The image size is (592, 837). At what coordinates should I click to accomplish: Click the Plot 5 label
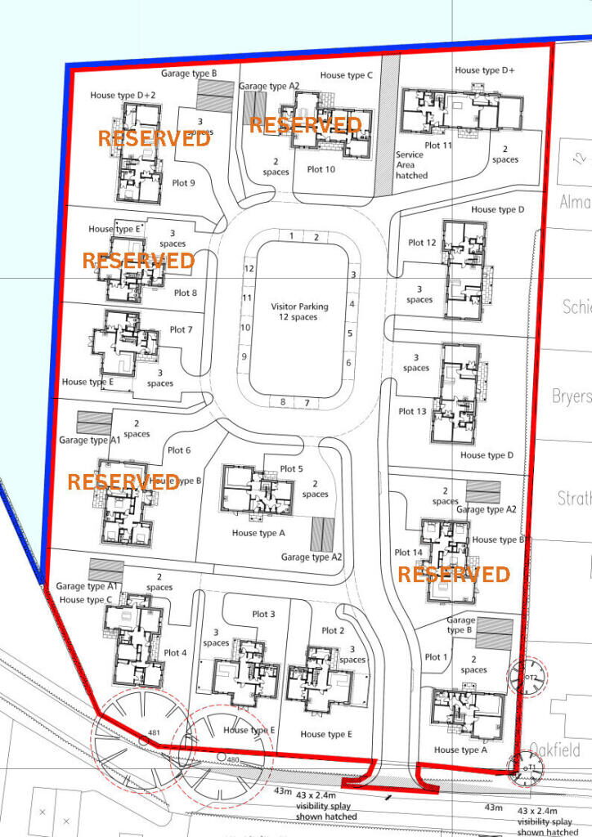291,468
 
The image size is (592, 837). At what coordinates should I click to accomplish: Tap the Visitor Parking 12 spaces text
299,311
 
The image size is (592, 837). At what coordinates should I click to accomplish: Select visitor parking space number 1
292,236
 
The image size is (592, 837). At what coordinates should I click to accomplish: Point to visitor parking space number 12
248,268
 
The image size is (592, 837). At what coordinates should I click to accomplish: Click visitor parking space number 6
349,363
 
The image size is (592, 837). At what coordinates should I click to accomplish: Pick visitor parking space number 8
283,402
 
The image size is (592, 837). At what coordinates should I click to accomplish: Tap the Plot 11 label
435,145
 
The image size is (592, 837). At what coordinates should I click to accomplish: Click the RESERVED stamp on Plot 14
453,574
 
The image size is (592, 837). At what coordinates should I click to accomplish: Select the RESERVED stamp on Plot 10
304,125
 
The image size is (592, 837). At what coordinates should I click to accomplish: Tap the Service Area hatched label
411,165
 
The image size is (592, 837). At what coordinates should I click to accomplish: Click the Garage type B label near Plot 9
188,74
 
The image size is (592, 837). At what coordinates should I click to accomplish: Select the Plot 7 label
181,329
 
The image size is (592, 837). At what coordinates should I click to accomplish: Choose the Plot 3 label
263,614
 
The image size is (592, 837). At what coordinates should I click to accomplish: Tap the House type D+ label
485,71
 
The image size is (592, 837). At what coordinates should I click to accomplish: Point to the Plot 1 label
437,657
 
